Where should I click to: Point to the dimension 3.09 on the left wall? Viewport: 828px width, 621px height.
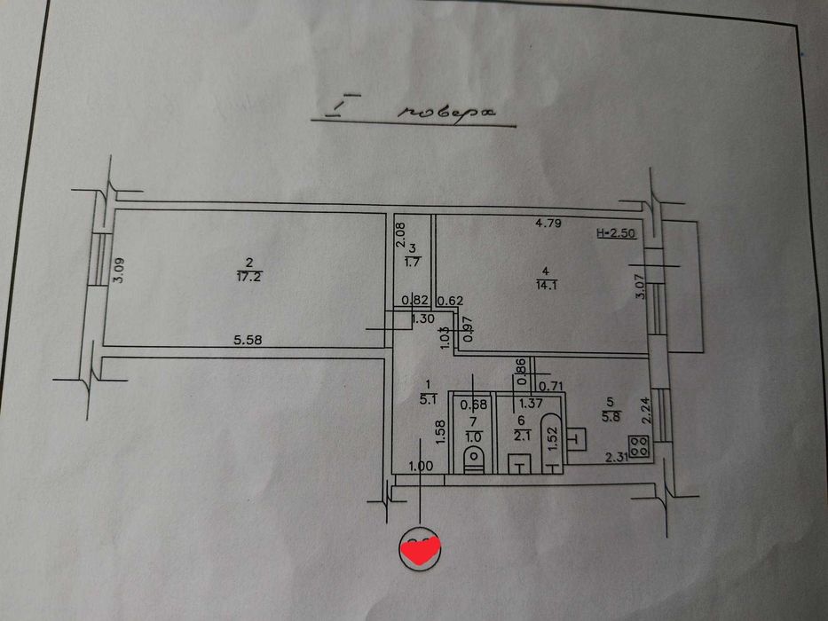click(x=119, y=270)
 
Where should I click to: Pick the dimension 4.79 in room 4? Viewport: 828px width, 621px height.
click(x=548, y=223)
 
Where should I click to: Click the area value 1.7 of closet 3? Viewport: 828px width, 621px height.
click(x=413, y=262)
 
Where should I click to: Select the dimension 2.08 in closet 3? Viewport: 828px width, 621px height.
click(x=400, y=234)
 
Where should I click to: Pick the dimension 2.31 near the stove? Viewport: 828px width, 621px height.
click(x=617, y=458)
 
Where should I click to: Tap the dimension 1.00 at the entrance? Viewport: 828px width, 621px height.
click(x=421, y=466)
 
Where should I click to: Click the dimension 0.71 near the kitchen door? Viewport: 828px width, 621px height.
click(x=553, y=386)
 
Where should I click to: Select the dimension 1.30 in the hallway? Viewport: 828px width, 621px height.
click(x=422, y=319)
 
